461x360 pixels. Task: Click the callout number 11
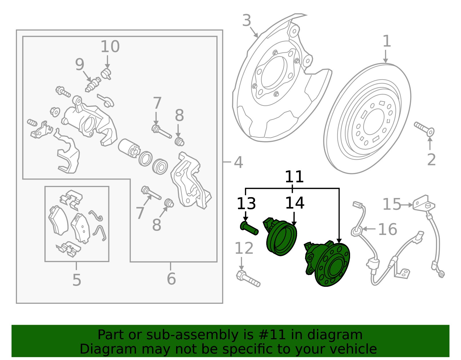click(x=294, y=177)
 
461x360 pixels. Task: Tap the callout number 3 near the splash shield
click(x=247, y=20)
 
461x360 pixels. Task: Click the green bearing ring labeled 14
click(x=281, y=238)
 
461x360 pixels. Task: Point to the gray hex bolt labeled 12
click(x=248, y=278)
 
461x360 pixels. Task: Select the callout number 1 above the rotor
click(x=387, y=41)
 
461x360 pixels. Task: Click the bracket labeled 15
click(x=423, y=203)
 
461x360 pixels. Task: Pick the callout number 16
click(x=387, y=229)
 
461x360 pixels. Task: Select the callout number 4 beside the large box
click(x=238, y=162)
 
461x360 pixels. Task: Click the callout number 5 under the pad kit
click(x=77, y=280)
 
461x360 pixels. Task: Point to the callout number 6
click(x=171, y=279)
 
